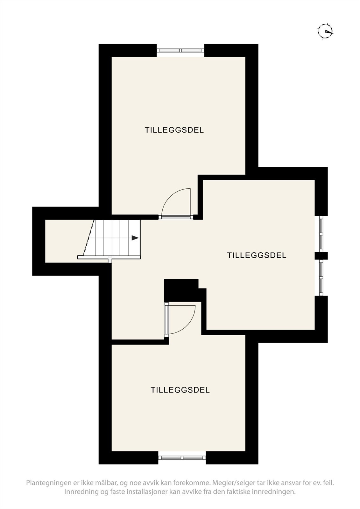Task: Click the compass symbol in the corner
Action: pyautogui.click(x=325, y=31)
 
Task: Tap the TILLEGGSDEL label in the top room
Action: pyautogui.click(x=174, y=130)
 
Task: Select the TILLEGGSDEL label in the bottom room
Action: pyautogui.click(x=180, y=390)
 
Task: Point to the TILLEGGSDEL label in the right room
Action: pyautogui.click(x=257, y=255)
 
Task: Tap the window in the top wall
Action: pyautogui.click(x=180, y=50)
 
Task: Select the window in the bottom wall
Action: pyautogui.click(x=182, y=458)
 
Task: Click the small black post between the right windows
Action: pyautogui.click(x=321, y=256)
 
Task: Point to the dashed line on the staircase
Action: pyautogui.click(x=89, y=237)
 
